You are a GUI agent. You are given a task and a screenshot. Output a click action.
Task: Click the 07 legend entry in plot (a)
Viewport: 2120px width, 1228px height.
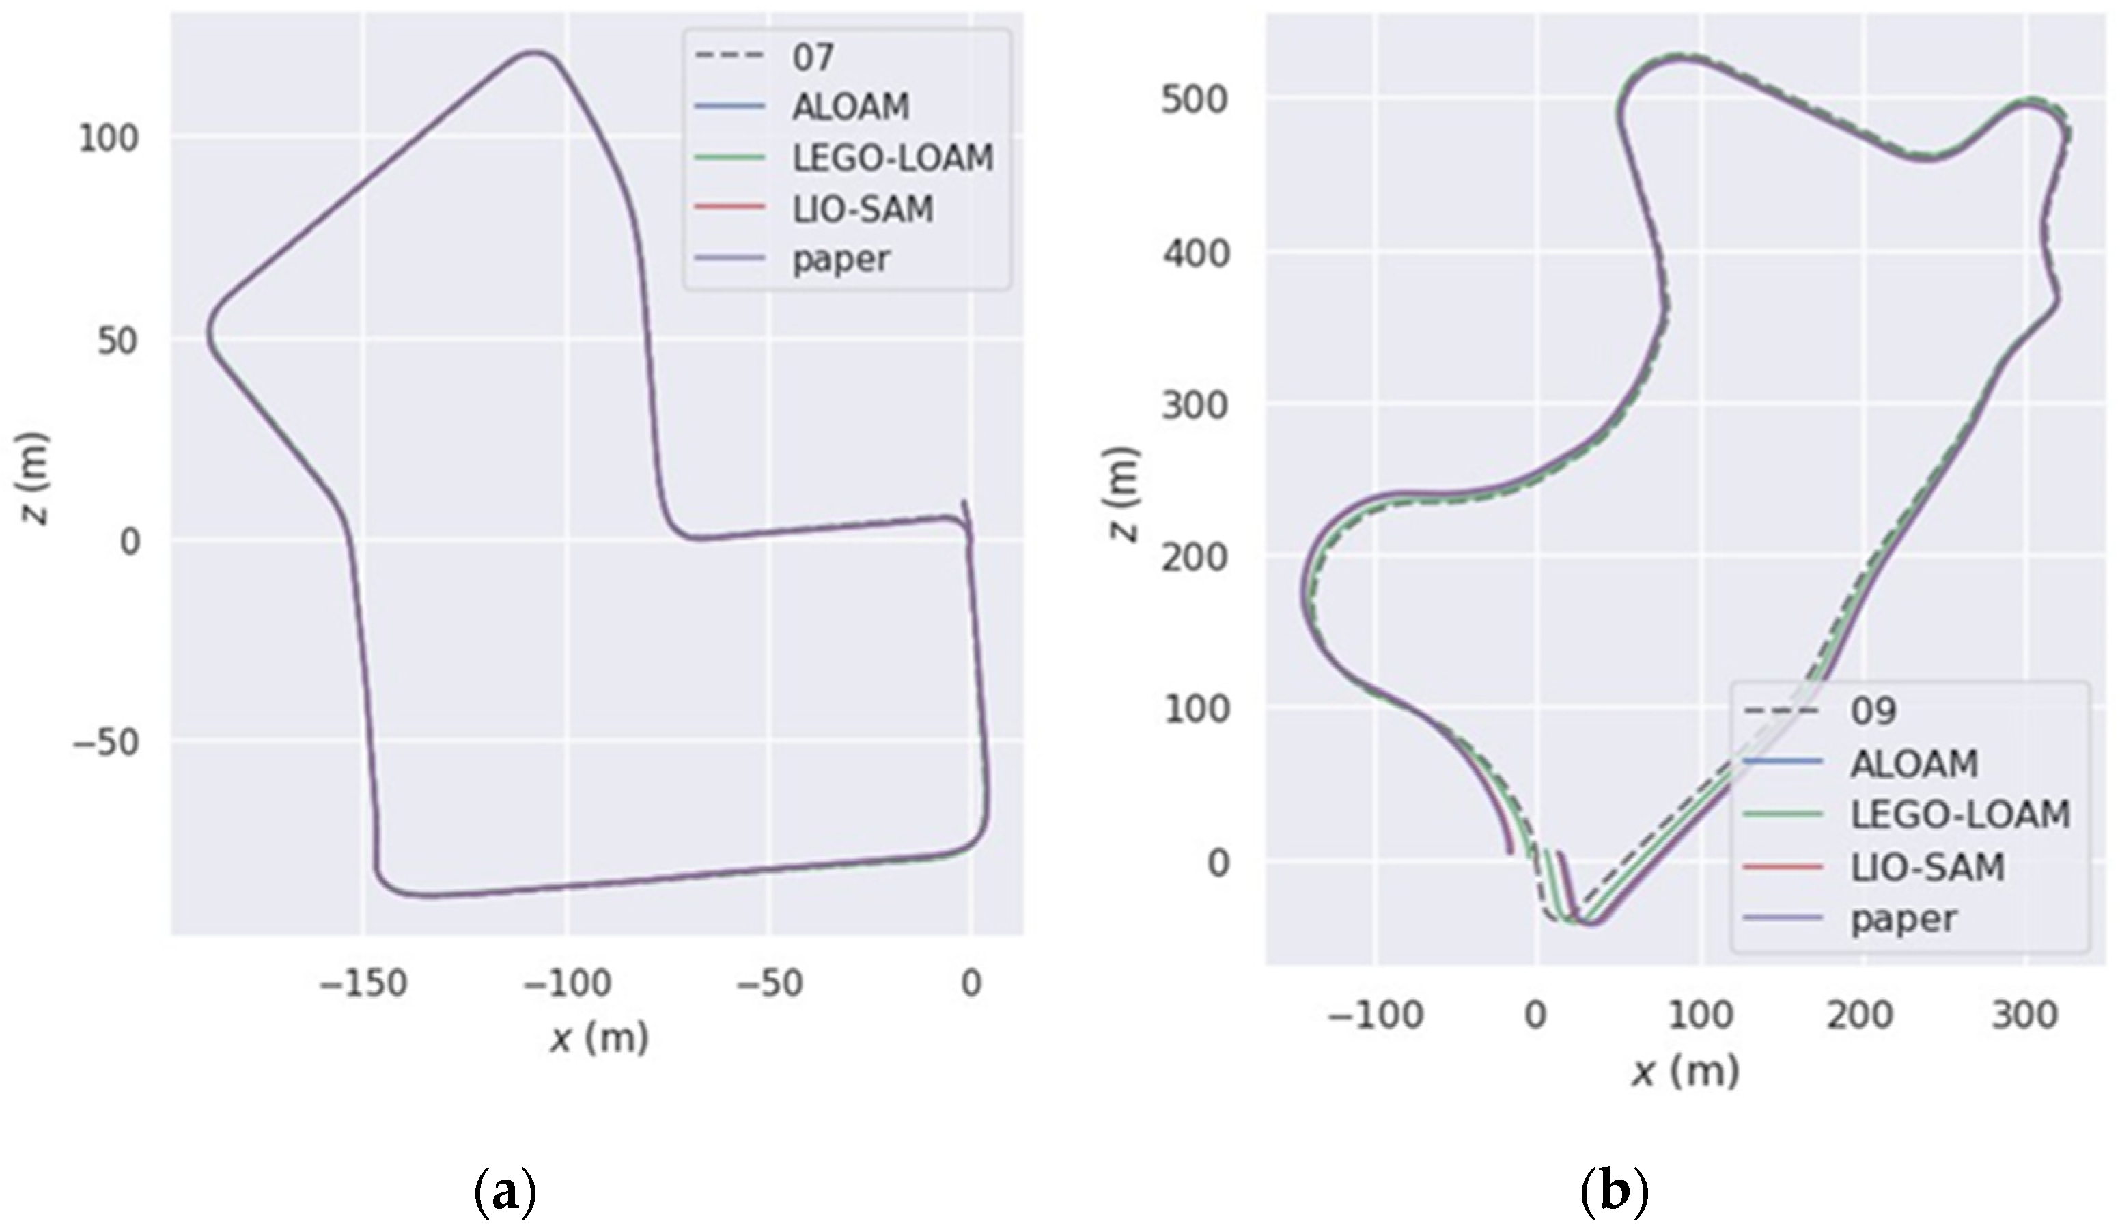click(813, 57)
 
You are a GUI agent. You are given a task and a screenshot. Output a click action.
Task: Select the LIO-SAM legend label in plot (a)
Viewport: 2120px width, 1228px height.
click(863, 208)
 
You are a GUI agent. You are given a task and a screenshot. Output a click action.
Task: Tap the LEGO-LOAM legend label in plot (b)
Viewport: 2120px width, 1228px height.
click(1959, 814)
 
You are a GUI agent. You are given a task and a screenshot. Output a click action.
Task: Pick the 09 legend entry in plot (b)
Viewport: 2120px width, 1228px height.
click(1873, 712)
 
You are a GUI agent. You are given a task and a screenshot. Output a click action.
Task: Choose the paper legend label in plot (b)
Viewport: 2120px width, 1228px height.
click(1903, 918)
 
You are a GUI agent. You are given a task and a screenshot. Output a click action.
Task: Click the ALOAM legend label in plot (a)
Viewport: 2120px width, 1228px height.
click(850, 107)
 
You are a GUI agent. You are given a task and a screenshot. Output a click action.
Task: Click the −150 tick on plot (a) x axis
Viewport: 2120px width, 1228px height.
click(363, 982)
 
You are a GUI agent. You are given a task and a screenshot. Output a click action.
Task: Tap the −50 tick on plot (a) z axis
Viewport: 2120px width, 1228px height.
click(105, 742)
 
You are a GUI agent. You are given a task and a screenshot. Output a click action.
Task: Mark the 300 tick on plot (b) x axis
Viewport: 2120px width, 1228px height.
click(2024, 1015)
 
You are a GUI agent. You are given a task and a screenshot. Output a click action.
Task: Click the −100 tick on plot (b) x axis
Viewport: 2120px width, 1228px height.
click(1375, 1015)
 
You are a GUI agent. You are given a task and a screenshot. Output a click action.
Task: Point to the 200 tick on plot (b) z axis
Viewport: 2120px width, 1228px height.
click(1195, 557)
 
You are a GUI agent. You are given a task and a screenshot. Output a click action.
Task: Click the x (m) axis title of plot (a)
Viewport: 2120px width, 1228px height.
click(599, 1038)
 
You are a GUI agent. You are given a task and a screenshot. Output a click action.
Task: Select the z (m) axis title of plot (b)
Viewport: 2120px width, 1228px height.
click(1122, 494)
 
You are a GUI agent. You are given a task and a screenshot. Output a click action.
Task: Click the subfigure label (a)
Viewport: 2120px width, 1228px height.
click(505, 1192)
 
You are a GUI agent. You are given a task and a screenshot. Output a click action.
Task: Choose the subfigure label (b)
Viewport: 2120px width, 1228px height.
click(1613, 1192)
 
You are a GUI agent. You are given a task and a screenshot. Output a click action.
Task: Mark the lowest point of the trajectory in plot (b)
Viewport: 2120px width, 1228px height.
click(1590, 923)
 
